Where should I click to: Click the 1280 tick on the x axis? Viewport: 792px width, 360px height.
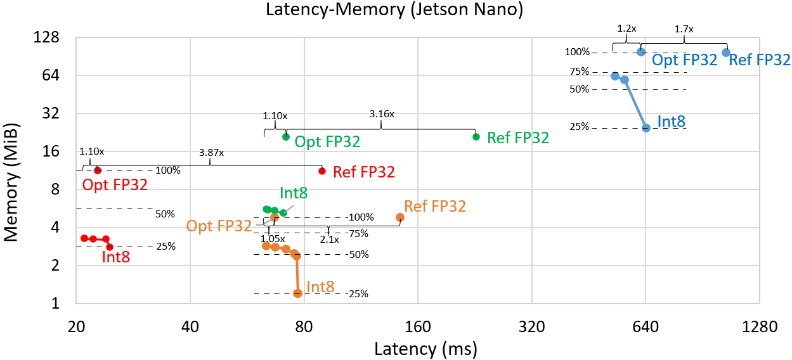[759, 327]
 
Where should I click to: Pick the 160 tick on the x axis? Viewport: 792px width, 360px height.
[418, 327]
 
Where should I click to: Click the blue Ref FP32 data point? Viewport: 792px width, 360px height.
[726, 53]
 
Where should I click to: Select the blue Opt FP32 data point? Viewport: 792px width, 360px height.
[641, 52]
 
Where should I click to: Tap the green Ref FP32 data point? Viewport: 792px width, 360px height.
[476, 137]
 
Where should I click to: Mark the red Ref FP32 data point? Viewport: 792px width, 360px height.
[322, 171]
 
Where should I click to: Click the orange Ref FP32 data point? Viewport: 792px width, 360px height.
[400, 217]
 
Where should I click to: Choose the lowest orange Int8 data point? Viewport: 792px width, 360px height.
[297, 293]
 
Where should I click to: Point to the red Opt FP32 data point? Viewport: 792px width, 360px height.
[98, 170]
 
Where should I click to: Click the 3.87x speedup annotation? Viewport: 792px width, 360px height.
[210, 153]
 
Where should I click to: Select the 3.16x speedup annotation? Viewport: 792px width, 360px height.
[382, 115]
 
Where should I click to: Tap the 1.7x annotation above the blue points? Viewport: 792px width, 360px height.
[684, 29]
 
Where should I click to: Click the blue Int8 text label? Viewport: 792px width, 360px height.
[672, 122]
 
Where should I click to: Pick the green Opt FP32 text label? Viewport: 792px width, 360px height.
[327, 141]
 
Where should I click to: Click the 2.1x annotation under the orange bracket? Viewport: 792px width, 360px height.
[329, 240]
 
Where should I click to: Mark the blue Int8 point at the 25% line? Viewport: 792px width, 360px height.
[646, 128]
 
